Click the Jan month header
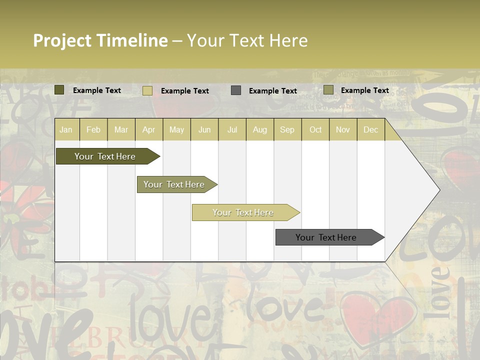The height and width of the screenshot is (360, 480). coord(66,129)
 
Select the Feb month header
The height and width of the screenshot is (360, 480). coord(93,129)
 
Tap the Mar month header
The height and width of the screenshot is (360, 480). coord(121,129)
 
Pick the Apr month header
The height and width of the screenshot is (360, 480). coord(149,129)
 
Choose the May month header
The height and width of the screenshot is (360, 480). coord(176,129)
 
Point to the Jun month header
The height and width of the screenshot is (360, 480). coord(204,129)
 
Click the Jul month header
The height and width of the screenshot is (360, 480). coord(232,129)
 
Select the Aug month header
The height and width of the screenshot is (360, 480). coord(260,129)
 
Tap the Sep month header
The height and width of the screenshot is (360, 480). coord(287,129)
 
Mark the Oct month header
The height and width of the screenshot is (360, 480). coord(315,129)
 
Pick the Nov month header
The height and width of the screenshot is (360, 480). coord(343,129)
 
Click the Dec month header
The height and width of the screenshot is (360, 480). coord(371,129)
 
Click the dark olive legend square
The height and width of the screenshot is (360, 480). coord(59,90)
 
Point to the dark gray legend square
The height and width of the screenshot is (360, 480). coord(236,90)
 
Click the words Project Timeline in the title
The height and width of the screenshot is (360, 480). coord(100,40)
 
